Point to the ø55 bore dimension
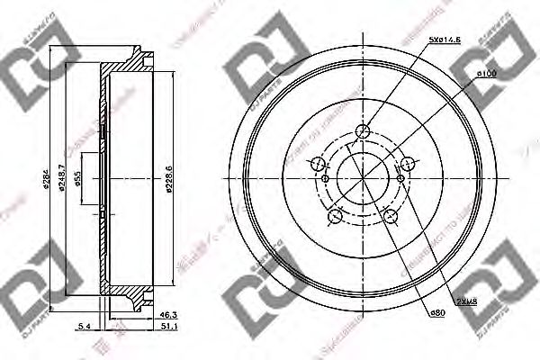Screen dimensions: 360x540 tap(79, 180)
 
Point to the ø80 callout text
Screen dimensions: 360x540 tap(438, 312)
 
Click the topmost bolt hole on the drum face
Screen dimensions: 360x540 tap(364, 132)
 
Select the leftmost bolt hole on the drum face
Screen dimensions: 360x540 tap(318, 165)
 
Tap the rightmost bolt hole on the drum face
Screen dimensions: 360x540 tap(408, 164)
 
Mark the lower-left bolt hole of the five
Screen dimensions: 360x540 tap(336, 216)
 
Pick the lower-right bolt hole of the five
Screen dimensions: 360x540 tap(391, 216)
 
